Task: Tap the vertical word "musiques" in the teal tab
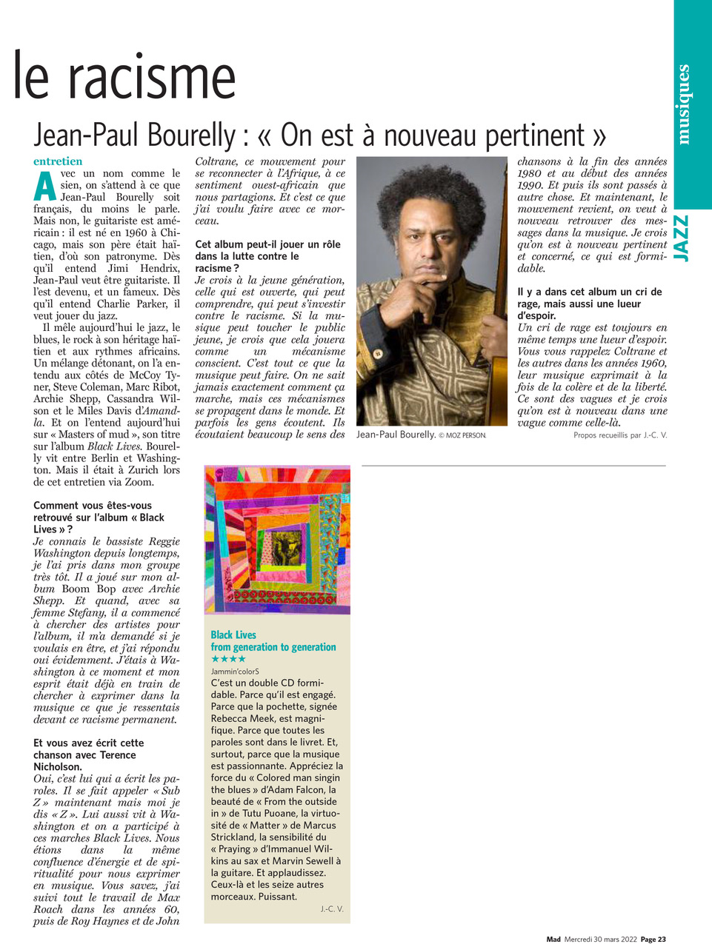683,104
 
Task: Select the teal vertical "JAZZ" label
682,238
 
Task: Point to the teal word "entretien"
58,161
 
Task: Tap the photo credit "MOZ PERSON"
466,435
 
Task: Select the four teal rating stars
228,659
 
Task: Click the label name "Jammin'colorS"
235,671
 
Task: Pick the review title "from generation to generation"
273,647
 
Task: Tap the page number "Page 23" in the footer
653,939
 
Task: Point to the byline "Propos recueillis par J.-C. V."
620,435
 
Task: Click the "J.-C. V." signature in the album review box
332,908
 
